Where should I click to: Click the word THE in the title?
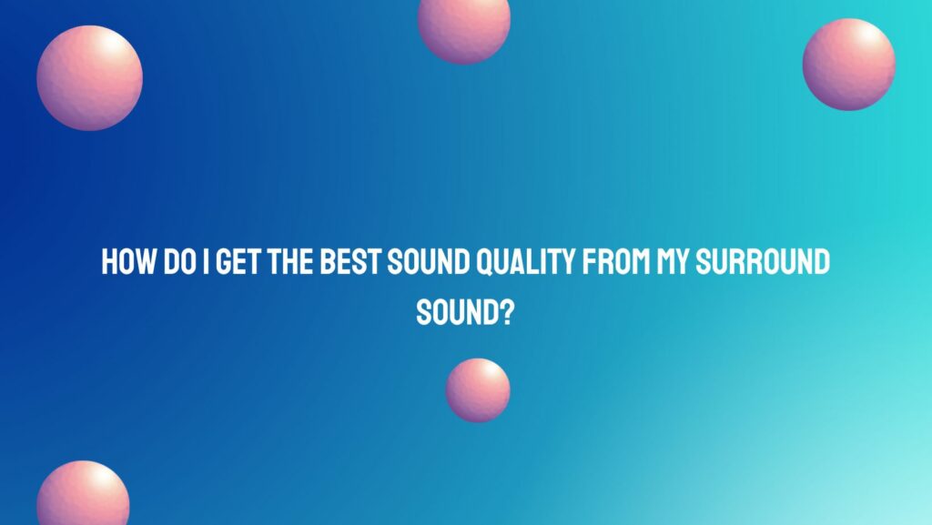[286, 264]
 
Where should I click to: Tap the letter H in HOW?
[109, 264]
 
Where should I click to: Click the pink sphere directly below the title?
[477, 389]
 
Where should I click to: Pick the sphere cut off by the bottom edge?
[82, 496]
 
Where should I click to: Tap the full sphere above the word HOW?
[89, 77]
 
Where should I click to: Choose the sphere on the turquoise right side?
[848, 65]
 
